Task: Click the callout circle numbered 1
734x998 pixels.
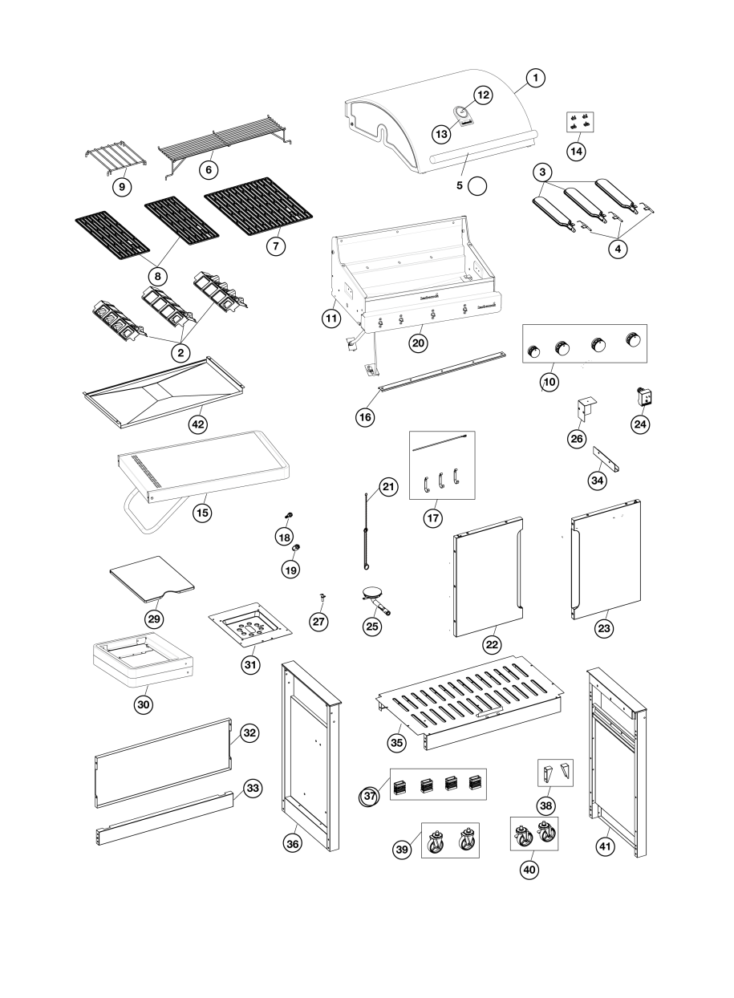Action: point(536,78)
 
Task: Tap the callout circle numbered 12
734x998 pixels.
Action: point(483,95)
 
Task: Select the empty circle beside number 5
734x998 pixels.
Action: point(477,185)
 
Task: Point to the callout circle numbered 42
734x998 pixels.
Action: point(197,423)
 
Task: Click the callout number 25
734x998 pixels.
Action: point(372,627)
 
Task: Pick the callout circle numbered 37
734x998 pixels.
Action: point(370,797)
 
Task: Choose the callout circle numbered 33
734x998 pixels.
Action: point(253,789)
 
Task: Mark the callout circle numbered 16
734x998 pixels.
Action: point(366,417)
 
